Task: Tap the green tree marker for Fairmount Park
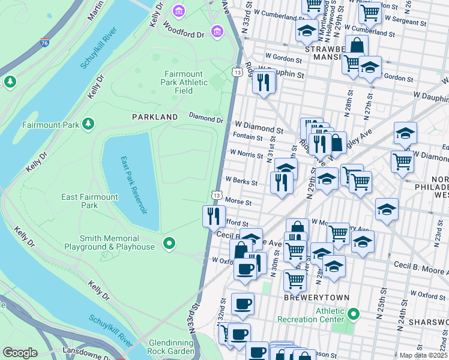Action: tap(89, 124)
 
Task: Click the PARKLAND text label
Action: tap(155, 117)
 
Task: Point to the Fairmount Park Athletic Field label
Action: tap(187, 82)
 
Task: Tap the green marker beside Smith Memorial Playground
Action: tap(169, 244)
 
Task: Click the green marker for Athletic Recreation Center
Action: tap(354, 314)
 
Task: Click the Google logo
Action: tap(20, 353)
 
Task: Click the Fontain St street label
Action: tap(248, 137)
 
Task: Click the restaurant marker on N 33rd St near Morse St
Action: tap(214, 216)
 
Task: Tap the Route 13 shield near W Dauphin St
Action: tap(237, 72)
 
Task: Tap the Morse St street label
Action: tap(239, 203)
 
